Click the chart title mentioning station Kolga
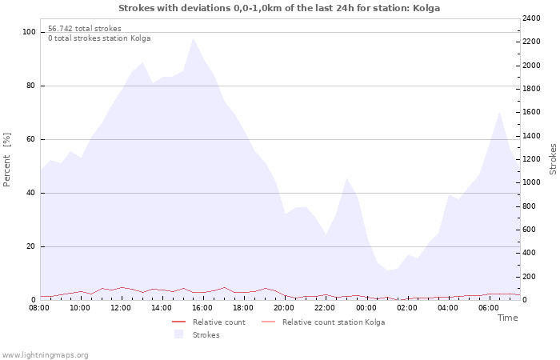point(279,8)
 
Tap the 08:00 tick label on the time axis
point(39,308)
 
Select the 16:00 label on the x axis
point(202,308)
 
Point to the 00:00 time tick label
point(366,308)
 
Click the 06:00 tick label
point(489,308)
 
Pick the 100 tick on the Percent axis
point(29,32)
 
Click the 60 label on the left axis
point(30,139)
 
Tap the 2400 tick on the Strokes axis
point(531,18)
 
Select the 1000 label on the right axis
point(531,182)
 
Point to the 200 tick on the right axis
point(529,277)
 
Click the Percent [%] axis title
point(6,160)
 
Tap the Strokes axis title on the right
point(553,159)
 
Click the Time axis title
point(507,318)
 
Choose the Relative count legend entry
point(209,322)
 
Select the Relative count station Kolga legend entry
point(323,322)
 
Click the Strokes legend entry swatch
point(178,334)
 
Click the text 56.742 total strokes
point(85,29)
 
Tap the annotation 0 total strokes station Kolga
point(99,38)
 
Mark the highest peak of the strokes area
point(194,38)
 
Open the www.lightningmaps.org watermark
point(45,355)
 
